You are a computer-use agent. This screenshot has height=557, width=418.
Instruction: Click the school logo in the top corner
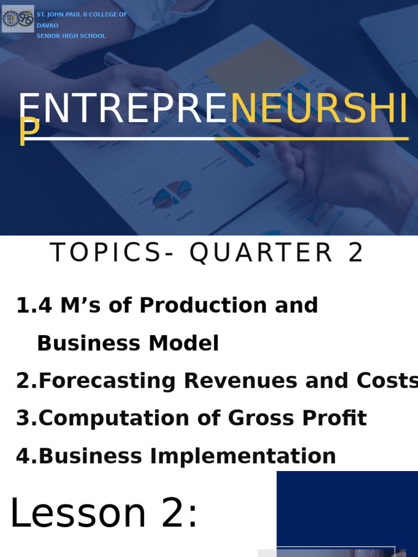[x=17, y=18]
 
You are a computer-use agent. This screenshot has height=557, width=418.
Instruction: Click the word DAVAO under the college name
[x=47, y=25]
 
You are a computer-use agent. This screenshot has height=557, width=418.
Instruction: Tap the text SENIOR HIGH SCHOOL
[x=71, y=36]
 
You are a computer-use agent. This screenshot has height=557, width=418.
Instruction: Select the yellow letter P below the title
[x=29, y=132]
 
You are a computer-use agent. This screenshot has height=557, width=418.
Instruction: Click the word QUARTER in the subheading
[x=261, y=253]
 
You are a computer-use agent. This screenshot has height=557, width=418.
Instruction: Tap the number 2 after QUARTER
[x=356, y=253]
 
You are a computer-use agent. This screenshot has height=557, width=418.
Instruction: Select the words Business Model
[x=128, y=343]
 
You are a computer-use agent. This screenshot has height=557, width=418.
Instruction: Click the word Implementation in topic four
[x=243, y=456]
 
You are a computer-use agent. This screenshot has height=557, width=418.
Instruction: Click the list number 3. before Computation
[x=27, y=418]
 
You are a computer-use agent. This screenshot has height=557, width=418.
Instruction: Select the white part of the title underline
[x=120, y=139]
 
